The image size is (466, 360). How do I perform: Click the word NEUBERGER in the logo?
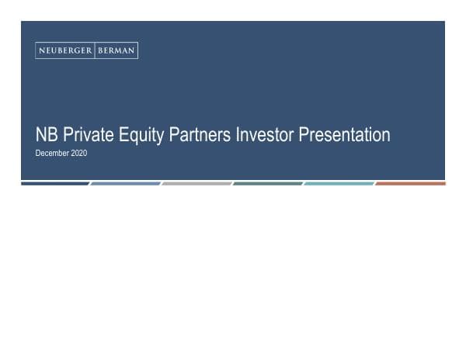point(64,51)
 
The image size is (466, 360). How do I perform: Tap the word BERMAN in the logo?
point(116,51)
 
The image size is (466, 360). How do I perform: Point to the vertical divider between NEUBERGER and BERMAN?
point(95,51)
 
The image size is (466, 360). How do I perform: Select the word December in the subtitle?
point(53,154)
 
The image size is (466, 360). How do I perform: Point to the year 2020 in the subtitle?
point(79,154)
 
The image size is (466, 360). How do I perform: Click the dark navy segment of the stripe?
point(54,184)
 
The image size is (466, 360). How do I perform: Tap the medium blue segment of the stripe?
point(125,184)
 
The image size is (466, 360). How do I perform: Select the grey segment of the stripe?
point(196,184)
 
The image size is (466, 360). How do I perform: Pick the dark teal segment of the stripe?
point(268,184)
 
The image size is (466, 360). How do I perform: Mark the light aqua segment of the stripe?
point(339,184)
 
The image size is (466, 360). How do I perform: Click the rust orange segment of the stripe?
point(411,184)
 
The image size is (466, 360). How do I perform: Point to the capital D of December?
point(38,154)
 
